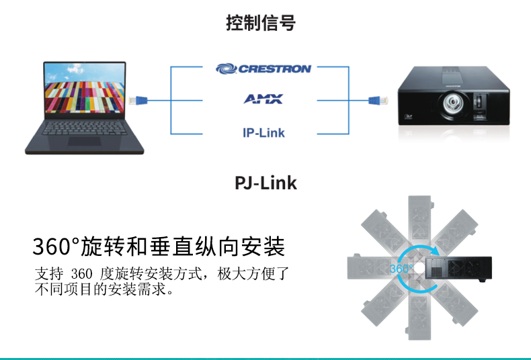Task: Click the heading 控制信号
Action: point(261,23)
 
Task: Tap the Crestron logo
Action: point(263,69)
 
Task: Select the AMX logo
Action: point(263,99)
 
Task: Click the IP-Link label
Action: point(263,132)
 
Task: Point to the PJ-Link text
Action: point(266,183)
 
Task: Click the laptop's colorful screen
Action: point(84,88)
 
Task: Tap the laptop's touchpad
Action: point(84,141)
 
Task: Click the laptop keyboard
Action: point(84,128)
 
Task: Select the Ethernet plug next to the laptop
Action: point(138,100)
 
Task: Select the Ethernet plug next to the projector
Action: point(378,100)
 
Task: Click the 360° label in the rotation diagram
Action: point(401,269)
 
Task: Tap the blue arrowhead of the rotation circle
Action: point(434,251)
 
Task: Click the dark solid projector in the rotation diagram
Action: point(458,269)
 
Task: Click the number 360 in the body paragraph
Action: point(82,274)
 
